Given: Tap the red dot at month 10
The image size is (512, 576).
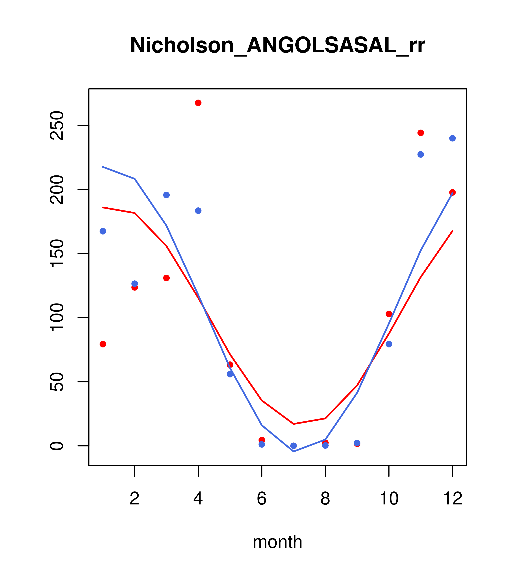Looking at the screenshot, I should coord(389,314).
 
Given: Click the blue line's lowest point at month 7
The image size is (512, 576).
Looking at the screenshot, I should coord(294,452).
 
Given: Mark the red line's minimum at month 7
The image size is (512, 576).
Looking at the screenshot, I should coord(294,424).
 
